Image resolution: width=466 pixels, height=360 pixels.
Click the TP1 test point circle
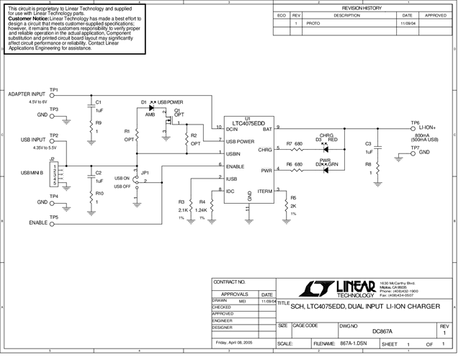53,95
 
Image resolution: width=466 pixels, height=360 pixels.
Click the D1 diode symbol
151,107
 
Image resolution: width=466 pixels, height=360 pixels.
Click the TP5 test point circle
53,222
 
